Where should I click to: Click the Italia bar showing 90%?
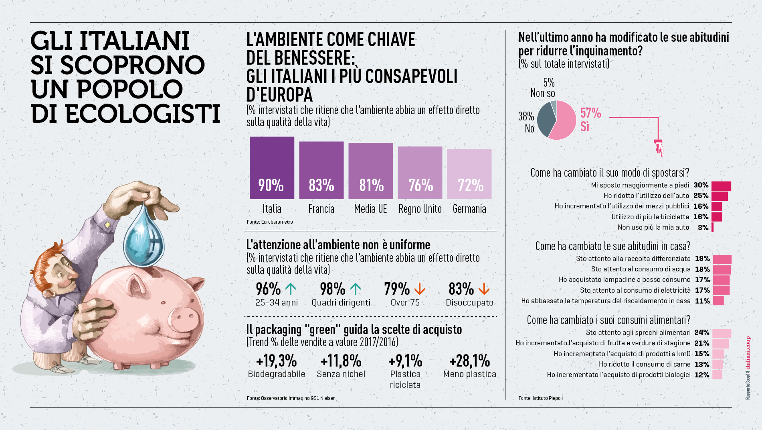pyautogui.click(x=272, y=168)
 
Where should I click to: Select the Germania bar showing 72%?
pyautogui.click(x=469, y=174)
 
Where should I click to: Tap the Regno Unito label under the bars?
pyautogui.click(x=420, y=209)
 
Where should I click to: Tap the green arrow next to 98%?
pyautogui.click(x=356, y=289)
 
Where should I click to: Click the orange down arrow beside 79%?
pyautogui.click(x=420, y=289)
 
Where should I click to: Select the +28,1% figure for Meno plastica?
pyautogui.click(x=469, y=361)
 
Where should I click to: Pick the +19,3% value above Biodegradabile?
pyautogui.click(x=276, y=361)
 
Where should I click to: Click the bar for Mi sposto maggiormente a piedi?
pyautogui.click(x=721, y=185)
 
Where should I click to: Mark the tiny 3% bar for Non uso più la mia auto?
pyautogui.click(x=712, y=227)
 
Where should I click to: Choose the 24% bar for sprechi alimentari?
pyautogui.click(x=722, y=333)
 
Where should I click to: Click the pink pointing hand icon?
pyautogui.click(x=659, y=148)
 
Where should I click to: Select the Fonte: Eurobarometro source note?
pyautogui.click(x=270, y=222)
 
